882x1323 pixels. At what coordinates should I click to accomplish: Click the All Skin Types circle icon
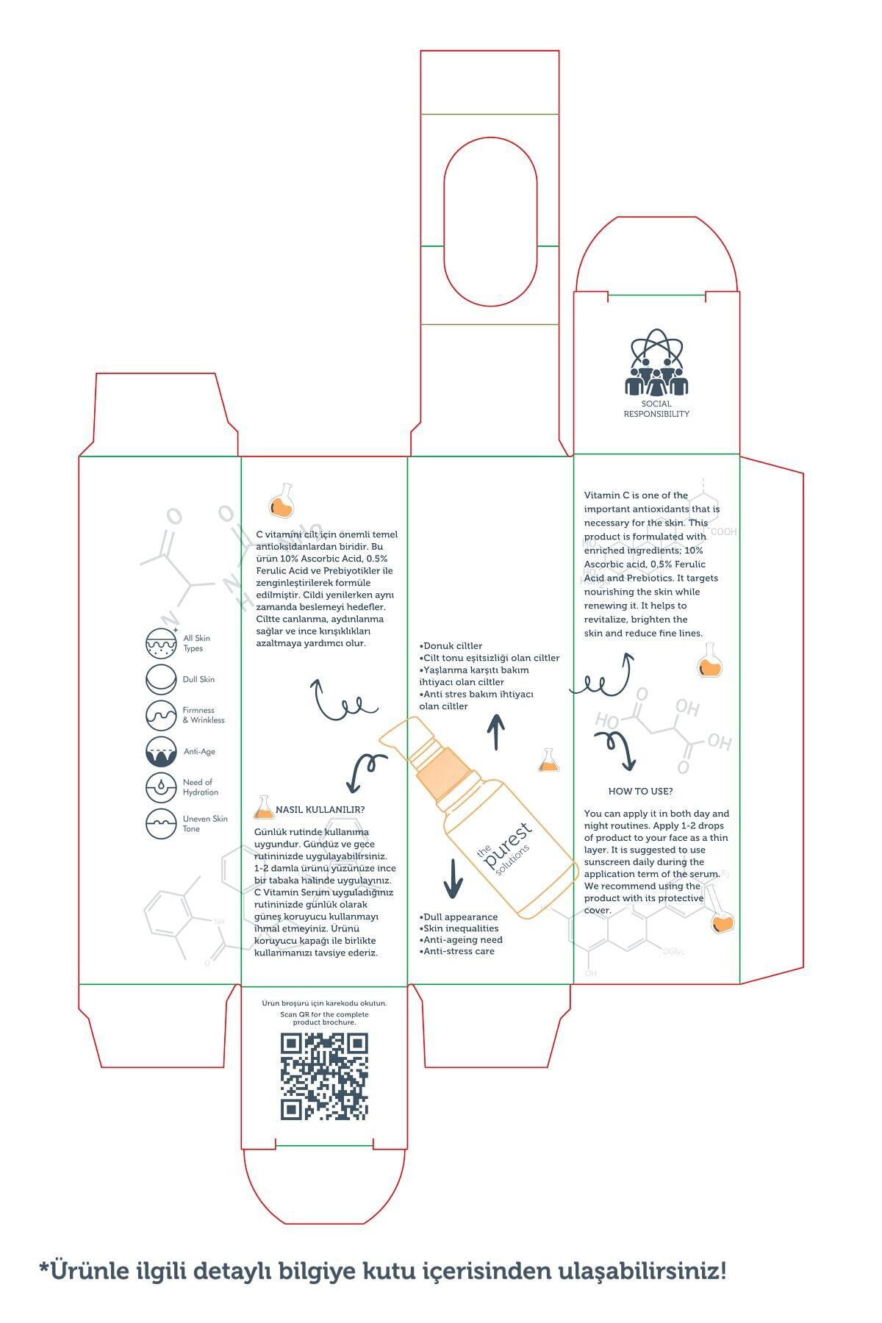(x=161, y=642)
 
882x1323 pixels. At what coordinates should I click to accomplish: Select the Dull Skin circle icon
(x=161, y=679)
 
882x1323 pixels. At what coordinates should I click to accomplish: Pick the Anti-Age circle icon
(x=161, y=751)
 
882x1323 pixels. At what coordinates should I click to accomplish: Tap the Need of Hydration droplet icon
(x=161, y=787)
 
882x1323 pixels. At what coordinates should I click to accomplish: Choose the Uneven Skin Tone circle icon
(x=161, y=823)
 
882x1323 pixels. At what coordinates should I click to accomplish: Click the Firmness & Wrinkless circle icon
(x=161, y=715)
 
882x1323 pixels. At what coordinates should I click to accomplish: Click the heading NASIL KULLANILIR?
(x=320, y=810)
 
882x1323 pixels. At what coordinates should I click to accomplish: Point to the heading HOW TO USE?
(x=640, y=791)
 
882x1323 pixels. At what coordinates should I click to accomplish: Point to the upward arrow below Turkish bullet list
(x=497, y=731)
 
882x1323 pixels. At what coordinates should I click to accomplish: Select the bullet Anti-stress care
(x=457, y=951)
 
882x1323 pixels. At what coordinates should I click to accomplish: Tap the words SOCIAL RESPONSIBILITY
(x=656, y=409)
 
